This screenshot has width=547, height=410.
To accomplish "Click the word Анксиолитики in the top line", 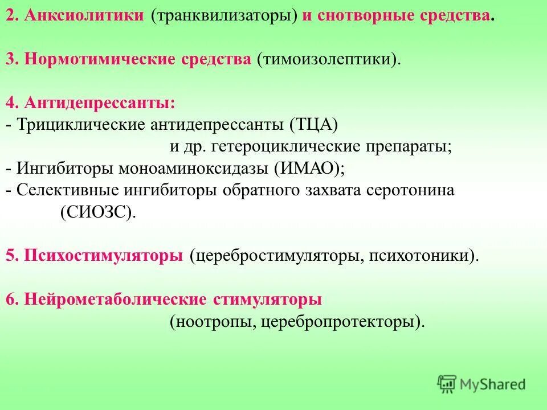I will (83, 15).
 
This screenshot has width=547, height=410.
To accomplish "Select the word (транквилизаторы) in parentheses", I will (224, 15).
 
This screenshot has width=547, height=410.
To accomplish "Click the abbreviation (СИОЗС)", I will (98, 212).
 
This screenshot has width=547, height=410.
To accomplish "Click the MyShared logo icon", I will (447, 384).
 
